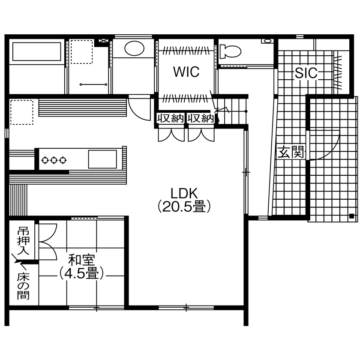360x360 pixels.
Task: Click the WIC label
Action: tap(186, 72)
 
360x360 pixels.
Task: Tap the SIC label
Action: tap(306, 73)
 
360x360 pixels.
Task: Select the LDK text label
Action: tap(184, 192)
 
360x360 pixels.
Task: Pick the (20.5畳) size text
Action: tap(184, 207)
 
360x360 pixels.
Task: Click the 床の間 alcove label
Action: tap(23, 286)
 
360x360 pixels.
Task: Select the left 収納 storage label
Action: tap(170, 118)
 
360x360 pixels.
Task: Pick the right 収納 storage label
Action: tap(200, 118)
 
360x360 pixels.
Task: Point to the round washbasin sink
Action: tap(134, 48)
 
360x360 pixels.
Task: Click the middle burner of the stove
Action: tap(54, 160)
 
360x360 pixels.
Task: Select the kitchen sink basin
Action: tap(102, 159)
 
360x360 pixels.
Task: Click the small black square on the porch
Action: tap(351, 216)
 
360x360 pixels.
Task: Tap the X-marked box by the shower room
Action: tap(103, 41)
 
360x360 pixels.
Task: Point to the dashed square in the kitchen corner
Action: tap(21, 112)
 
